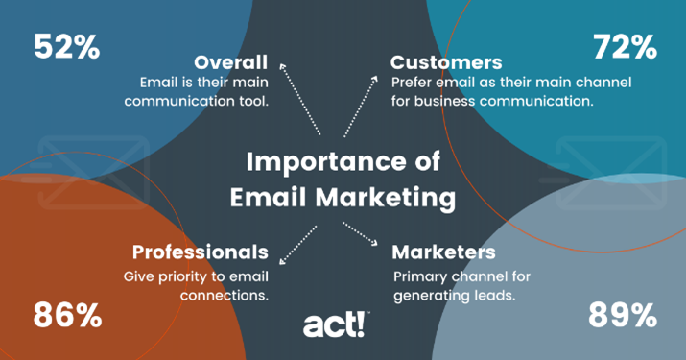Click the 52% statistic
click(x=67, y=46)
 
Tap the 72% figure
click(x=624, y=46)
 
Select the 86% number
click(x=68, y=314)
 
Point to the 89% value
click(x=623, y=314)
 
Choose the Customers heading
click(x=446, y=61)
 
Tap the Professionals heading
click(x=201, y=252)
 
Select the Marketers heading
click(x=444, y=252)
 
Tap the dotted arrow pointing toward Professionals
click(x=297, y=244)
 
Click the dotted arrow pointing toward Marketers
click(x=363, y=238)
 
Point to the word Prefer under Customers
click(x=414, y=81)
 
